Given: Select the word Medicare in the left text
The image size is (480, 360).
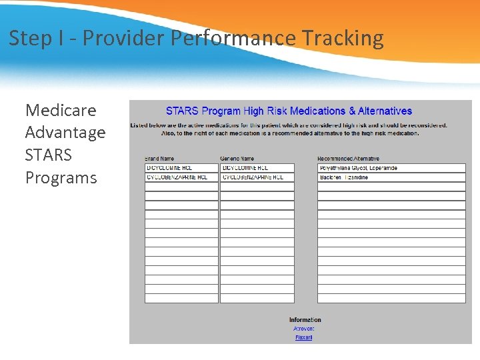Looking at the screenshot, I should point(61,110).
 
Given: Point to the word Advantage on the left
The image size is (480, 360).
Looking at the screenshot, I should point(65,133).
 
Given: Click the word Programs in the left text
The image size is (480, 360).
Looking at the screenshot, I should point(61,178).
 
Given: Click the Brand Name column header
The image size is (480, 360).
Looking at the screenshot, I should point(159,158).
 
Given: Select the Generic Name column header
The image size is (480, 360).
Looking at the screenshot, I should point(237,158).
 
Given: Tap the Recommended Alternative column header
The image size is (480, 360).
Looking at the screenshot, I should point(348,158).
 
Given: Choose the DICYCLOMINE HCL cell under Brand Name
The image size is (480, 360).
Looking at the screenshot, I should point(181,168).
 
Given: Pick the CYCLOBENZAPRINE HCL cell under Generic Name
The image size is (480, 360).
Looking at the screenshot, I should point(257,177).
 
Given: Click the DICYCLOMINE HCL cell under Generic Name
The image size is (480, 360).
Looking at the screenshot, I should point(257,168).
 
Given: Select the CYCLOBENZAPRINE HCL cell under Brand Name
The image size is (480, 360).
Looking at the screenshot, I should point(181,177).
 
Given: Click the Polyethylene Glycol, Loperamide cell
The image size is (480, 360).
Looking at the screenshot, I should point(391,168).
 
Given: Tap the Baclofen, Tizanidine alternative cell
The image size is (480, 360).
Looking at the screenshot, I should point(391,177).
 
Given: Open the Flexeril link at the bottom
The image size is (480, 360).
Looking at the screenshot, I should point(303,337).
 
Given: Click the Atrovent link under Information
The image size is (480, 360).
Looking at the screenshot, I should point(303,329).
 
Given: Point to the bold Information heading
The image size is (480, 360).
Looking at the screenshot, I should point(305,320).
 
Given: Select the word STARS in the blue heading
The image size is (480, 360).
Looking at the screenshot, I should point(182,111).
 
